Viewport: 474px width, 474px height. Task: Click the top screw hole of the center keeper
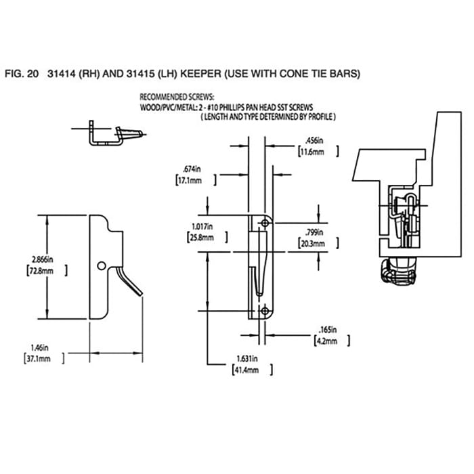pyautogui.click(x=265, y=223)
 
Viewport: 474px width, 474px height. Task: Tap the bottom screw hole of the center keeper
pyautogui.click(x=265, y=311)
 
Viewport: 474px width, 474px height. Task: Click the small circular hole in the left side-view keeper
pyautogui.click(x=101, y=264)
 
